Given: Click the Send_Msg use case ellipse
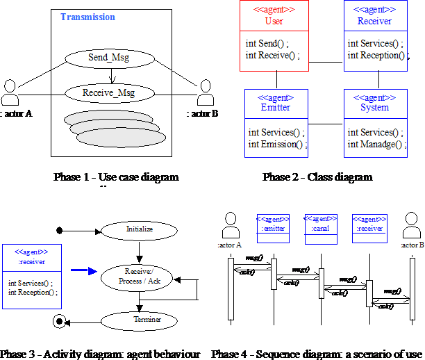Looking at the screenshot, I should [108, 57].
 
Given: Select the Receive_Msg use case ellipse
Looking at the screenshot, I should [108, 92].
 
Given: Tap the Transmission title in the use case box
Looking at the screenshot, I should [87, 17].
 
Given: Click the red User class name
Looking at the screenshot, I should [274, 21].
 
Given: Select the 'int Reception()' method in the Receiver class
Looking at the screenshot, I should [375, 56].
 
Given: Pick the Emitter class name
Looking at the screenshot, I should [276, 108].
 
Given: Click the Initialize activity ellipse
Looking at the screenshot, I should [139, 229].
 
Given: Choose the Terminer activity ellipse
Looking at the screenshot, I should [139, 320].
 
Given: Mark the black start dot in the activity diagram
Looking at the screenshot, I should [60, 229].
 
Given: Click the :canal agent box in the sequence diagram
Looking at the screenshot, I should [321, 223].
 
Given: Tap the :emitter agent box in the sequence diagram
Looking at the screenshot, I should [273, 223].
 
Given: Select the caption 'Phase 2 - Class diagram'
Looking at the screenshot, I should [317, 177].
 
